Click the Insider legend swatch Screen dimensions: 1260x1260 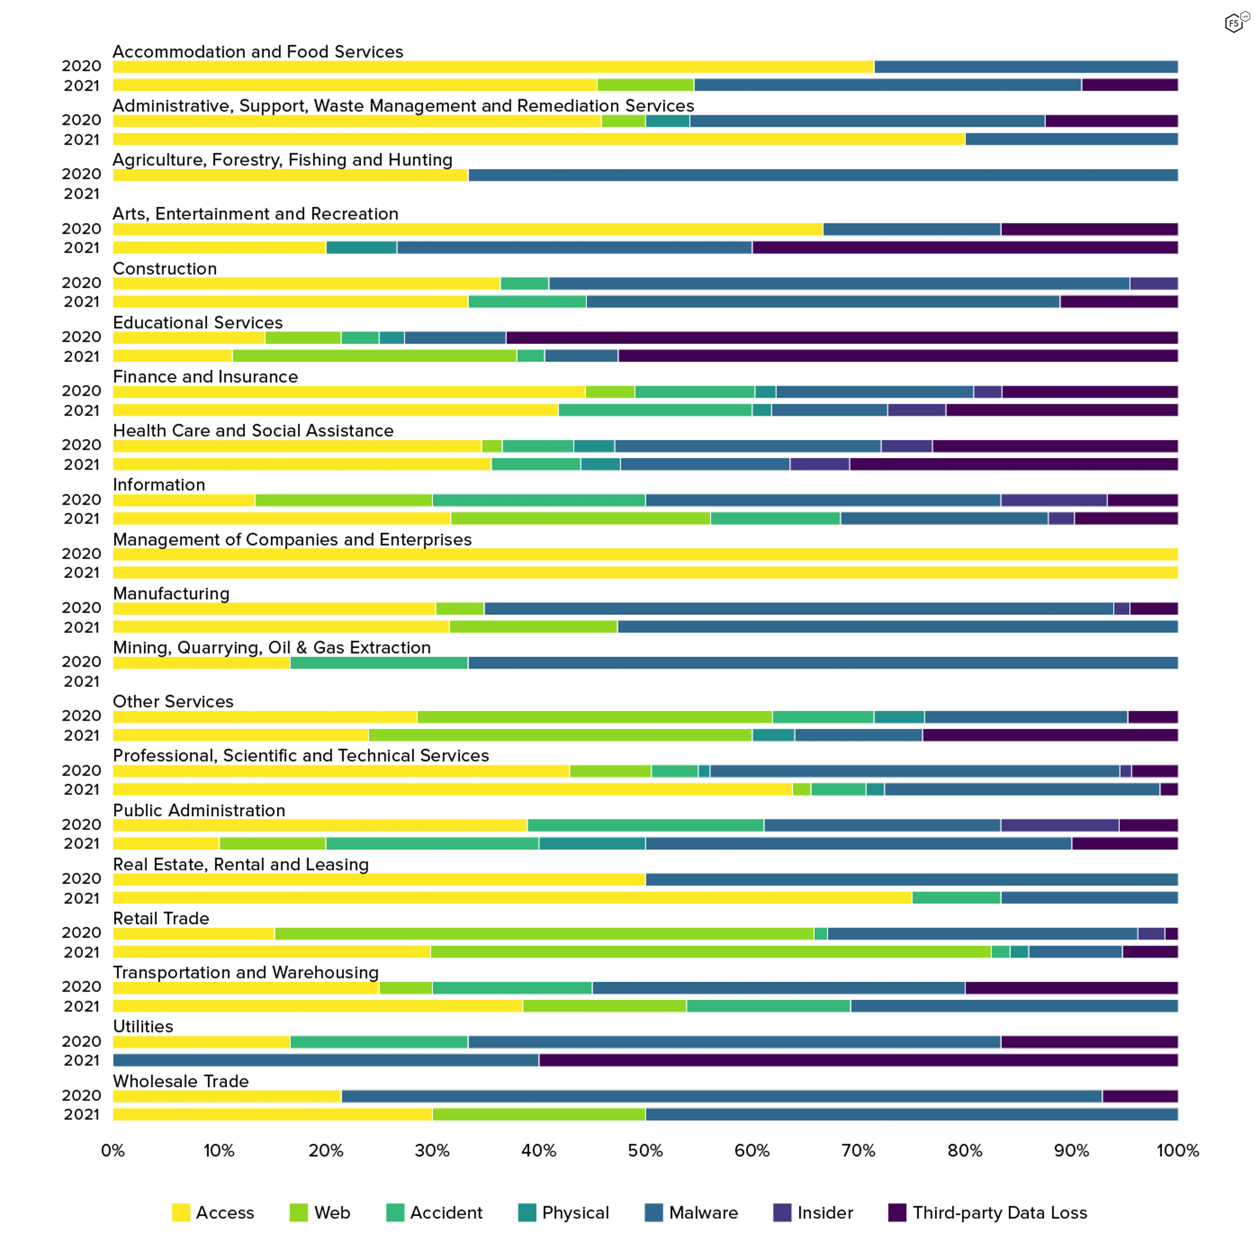coord(782,1212)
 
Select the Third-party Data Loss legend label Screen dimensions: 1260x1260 coord(1000,1212)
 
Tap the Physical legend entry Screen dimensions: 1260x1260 coord(575,1212)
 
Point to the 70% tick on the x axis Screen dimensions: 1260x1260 coord(858,1150)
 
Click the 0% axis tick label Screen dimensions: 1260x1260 coord(113,1150)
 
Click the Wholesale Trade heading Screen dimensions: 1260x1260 coord(181,1081)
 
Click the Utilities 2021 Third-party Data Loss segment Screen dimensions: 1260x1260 coord(858,1060)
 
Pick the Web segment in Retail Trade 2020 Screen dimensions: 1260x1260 coord(544,933)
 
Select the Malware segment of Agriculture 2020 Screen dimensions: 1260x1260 coord(823,175)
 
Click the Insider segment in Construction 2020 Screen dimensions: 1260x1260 coord(1154,283)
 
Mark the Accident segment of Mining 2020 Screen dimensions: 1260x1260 coord(379,663)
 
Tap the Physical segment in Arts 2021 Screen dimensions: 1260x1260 coord(361,247)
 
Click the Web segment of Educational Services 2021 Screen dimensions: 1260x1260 coord(374,355)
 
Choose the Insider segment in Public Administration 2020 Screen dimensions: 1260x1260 coord(1060,825)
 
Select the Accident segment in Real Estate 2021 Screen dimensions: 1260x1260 coord(956,897)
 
